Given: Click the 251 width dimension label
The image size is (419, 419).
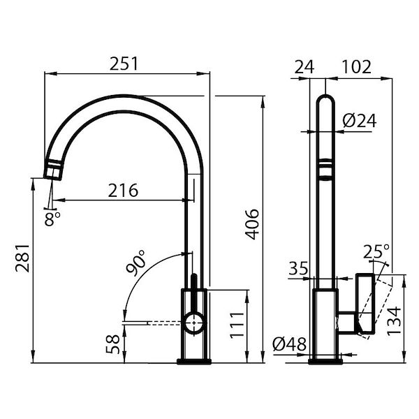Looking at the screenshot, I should pyautogui.click(x=126, y=63).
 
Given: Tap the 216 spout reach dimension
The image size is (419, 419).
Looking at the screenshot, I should pyautogui.click(x=123, y=190).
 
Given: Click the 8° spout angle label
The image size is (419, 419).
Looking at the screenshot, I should pyautogui.click(x=52, y=218).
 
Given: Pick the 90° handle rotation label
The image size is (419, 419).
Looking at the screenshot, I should pyautogui.click(x=136, y=266).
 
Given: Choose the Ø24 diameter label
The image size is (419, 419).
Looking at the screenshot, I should pyautogui.click(x=360, y=121).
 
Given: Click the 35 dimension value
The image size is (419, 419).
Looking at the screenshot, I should pyautogui.click(x=297, y=268).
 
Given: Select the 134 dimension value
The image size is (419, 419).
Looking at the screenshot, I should pyautogui.click(x=394, y=321).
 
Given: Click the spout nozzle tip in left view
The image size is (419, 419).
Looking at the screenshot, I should pyautogui.click(x=54, y=169).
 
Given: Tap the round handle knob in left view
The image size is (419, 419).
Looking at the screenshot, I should pyautogui.click(x=194, y=322).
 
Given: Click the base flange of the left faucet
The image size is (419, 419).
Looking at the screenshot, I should pyautogui.click(x=194, y=361).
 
